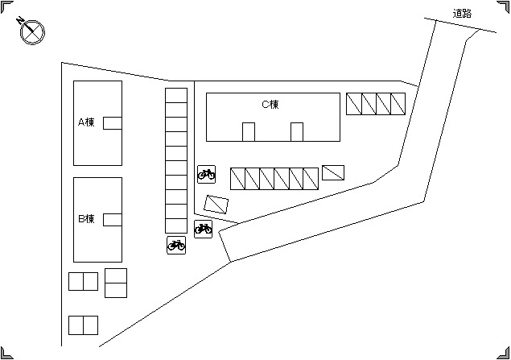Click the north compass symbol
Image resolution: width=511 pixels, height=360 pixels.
[32, 31]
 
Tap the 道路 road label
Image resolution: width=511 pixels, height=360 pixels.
[462, 14]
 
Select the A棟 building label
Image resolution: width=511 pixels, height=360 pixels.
[86, 122]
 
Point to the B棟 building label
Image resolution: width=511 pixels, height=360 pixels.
[86, 218]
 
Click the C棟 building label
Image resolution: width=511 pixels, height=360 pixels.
[270, 105]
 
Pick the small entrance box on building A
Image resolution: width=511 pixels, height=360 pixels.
[113, 123]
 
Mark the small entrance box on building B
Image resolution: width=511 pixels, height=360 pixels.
[113, 220]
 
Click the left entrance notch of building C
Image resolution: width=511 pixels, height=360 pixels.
[249, 132]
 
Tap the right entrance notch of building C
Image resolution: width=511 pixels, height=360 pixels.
[297, 132]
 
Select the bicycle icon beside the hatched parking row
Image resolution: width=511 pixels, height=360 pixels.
[206, 174]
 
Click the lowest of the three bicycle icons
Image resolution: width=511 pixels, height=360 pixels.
[176, 245]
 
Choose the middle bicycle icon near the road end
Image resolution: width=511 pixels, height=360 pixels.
[203, 229]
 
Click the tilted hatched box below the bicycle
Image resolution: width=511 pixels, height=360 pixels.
[216, 205]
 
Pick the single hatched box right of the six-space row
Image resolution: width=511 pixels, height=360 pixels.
[333, 172]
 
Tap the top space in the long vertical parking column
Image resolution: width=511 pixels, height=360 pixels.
[176, 96]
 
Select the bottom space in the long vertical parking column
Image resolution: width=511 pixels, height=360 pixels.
[176, 226]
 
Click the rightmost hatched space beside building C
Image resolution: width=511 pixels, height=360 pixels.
[398, 104]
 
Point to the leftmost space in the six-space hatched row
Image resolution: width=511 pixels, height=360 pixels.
[237, 179]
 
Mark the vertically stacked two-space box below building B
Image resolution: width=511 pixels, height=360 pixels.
[116, 283]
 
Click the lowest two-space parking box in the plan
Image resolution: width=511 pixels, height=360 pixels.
[83, 325]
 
